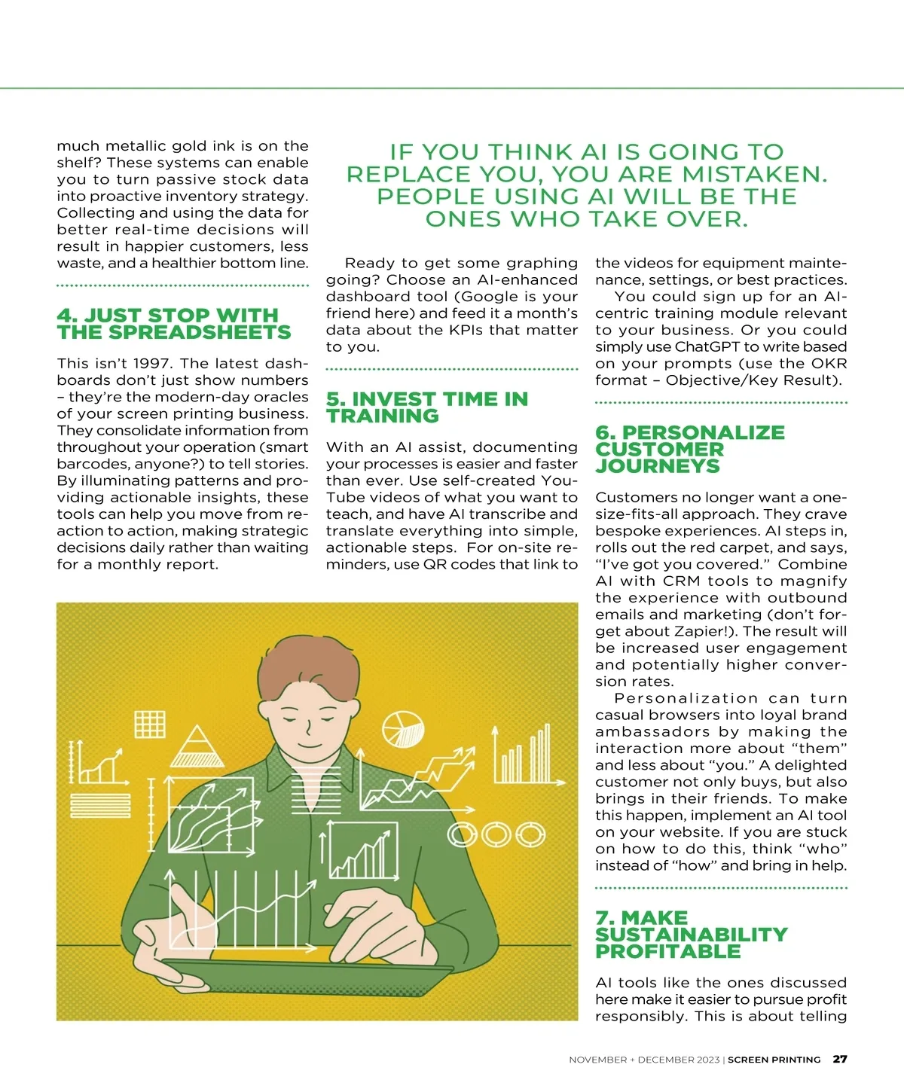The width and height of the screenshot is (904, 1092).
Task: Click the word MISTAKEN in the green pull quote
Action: point(755,175)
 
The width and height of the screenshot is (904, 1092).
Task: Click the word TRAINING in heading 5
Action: point(383,416)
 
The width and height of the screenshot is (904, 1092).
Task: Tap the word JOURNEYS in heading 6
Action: point(658,466)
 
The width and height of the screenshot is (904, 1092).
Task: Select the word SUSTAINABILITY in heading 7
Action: point(691,935)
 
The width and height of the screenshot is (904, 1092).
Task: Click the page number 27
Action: point(839,1059)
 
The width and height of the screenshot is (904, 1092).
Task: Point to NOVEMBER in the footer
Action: point(597,1060)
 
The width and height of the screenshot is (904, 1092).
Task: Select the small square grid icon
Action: point(150,723)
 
